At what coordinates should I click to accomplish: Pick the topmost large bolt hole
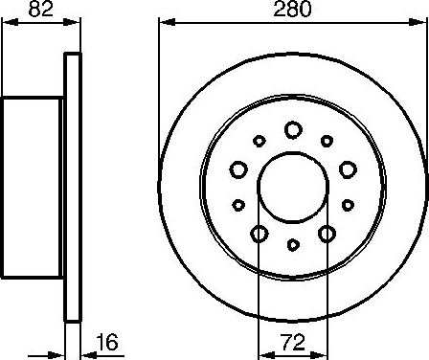(292, 129)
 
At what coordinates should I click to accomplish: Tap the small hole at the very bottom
(292, 246)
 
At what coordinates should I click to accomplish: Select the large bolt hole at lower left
(259, 234)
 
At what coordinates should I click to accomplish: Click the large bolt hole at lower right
(327, 234)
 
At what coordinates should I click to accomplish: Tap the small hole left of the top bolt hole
(259, 141)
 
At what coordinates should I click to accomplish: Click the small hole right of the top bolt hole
(327, 141)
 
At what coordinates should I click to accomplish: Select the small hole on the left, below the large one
(238, 204)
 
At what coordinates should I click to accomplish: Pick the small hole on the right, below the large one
(346, 204)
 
